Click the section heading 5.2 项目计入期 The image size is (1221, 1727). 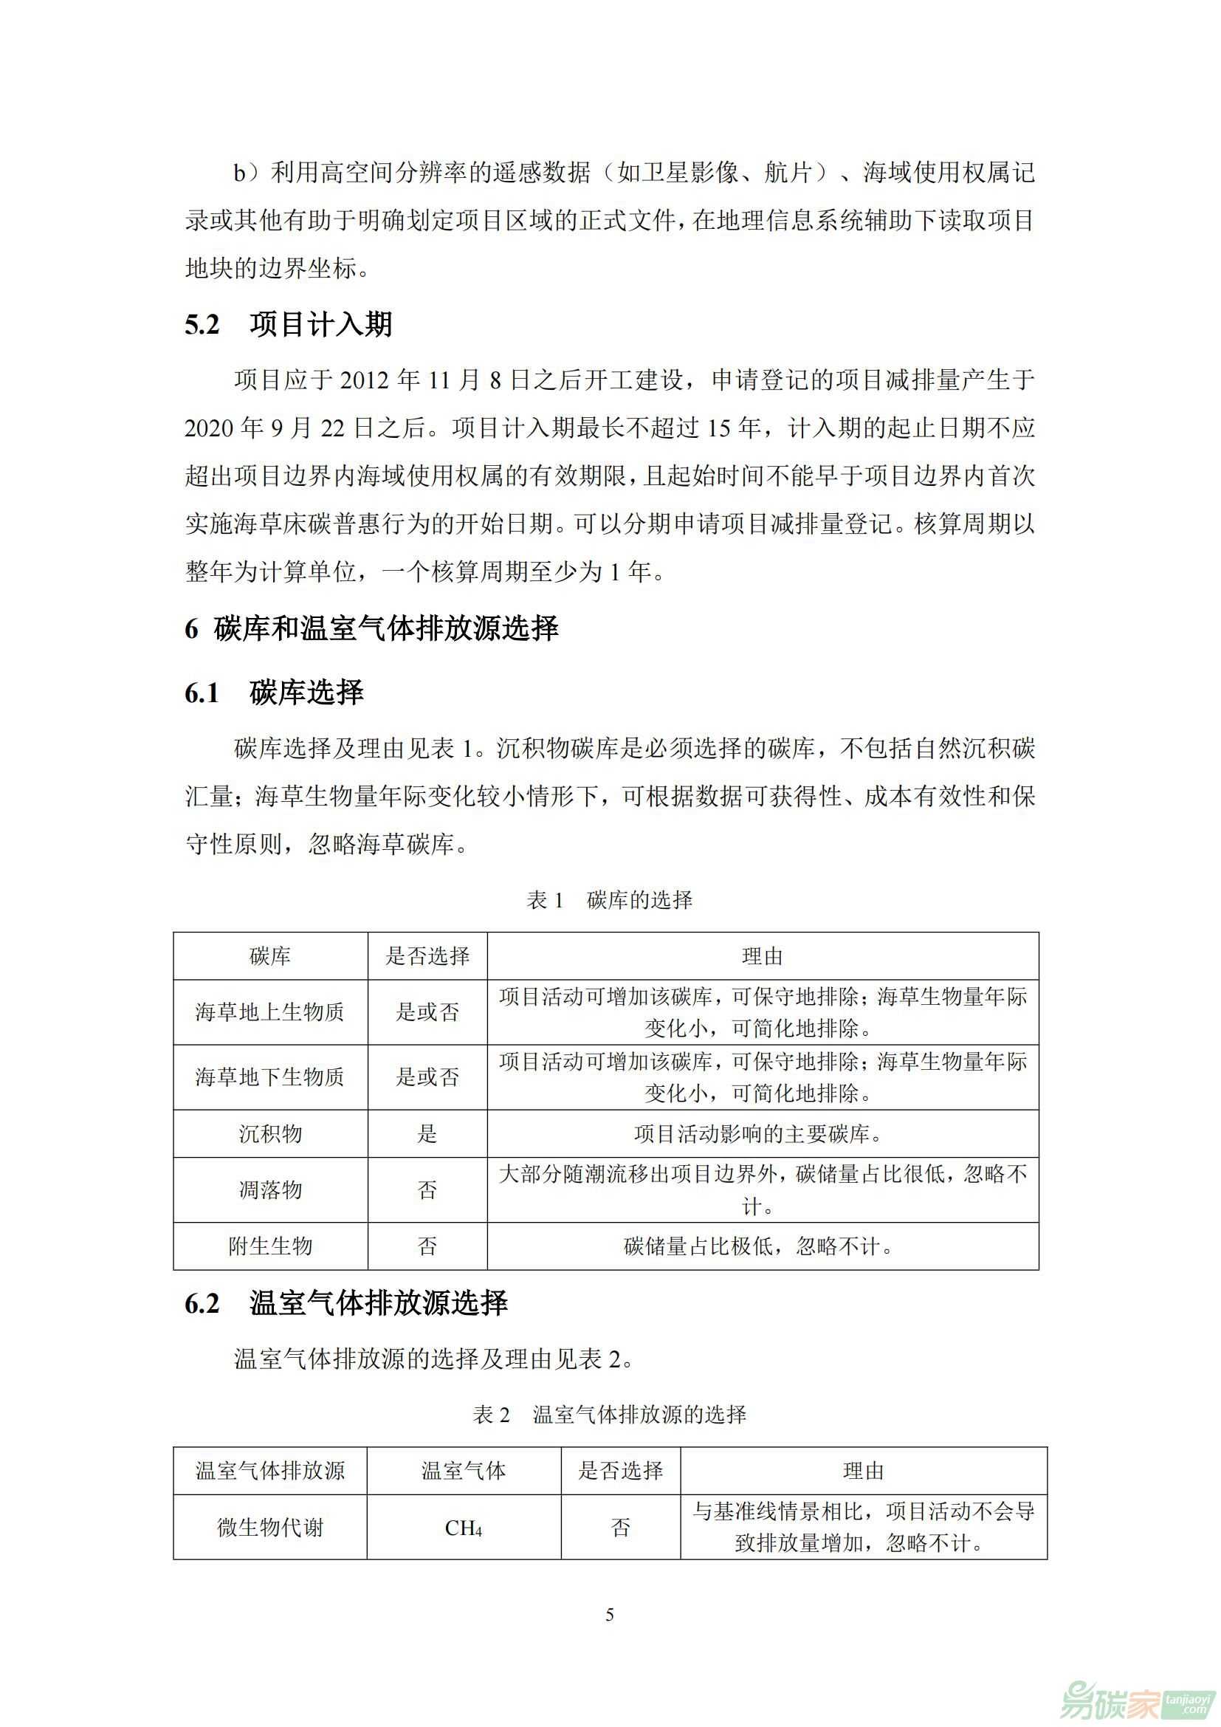[289, 325]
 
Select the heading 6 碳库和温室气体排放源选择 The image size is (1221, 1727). [371, 628]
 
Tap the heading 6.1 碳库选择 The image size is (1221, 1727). [275, 692]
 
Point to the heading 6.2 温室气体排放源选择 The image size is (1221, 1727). [345, 1302]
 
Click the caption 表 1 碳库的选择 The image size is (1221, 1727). [609, 899]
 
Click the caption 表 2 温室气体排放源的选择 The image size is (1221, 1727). [609, 1415]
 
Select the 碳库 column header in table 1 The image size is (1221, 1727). [270, 956]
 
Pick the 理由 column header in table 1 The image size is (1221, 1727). [763, 956]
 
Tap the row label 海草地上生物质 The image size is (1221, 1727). [270, 1012]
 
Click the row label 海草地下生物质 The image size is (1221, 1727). [270, 1077]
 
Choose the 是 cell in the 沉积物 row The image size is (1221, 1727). [427, 1133]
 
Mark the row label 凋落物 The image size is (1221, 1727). [270, 1190]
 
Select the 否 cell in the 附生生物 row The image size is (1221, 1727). [427, 1246]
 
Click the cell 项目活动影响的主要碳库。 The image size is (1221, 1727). [758, 1133]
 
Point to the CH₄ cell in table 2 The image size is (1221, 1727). [463, 1528]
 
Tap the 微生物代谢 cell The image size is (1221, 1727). [270, 1528]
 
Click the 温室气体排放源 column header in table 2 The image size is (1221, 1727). [270, 1472]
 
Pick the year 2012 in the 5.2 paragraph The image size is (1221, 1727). [365, 380]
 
